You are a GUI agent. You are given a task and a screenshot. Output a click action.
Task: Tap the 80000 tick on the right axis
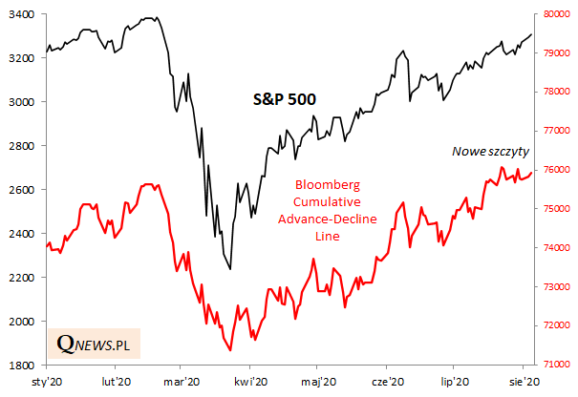pos(555,14)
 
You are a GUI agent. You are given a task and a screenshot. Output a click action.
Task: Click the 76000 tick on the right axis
pos(555,171)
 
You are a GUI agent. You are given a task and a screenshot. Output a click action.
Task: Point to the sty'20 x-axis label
pos(46,382)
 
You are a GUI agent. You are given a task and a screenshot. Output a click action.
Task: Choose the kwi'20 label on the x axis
pos(249,382)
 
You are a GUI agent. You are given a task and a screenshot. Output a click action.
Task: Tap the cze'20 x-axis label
pos(384,382)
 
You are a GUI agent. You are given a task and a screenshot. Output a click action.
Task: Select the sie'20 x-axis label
pos(521,382)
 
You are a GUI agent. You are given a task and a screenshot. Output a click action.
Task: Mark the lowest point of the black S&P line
pos(230,269)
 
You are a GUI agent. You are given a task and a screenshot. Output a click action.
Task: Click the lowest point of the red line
pos(230,350)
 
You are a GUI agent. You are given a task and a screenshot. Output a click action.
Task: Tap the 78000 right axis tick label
pos(555,93)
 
